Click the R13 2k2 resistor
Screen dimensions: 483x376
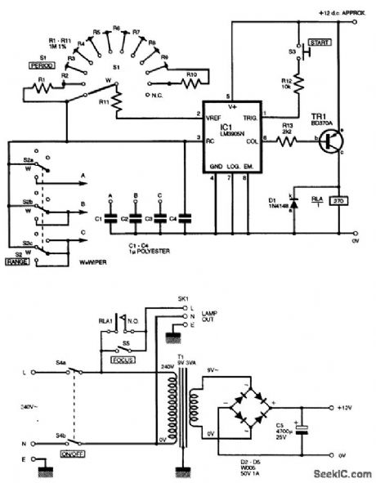tap(289, 141)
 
